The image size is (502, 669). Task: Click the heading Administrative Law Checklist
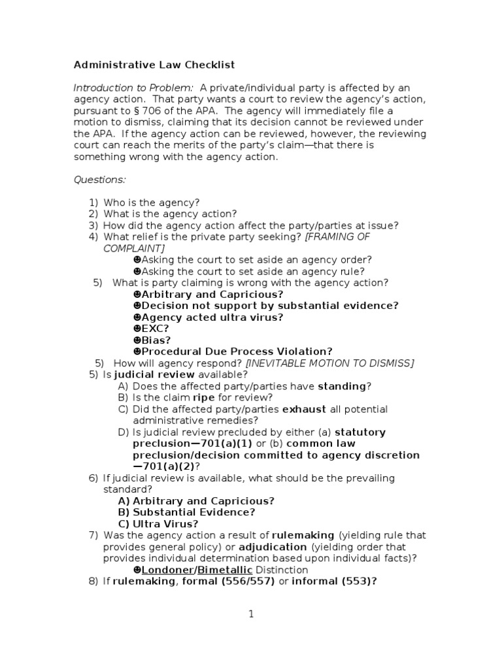pyautogui.click(x=154, y=65)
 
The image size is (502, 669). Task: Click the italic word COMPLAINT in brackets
pyautogui.click(x=134, y=248)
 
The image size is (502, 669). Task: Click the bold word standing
pyautogui.click(x=342, y=386)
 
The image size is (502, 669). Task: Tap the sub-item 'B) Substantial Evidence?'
pyautogui.click(x=186, y=512)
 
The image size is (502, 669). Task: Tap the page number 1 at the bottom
pyautogui.click(x=250, y=614)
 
